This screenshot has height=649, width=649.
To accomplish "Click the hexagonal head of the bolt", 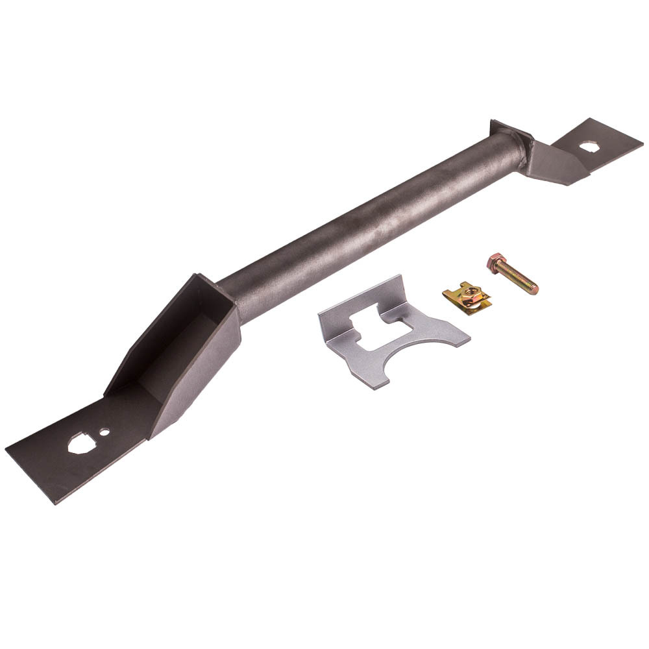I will (x=496, y=262).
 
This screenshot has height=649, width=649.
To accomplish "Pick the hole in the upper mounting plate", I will (x=589, y=147).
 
